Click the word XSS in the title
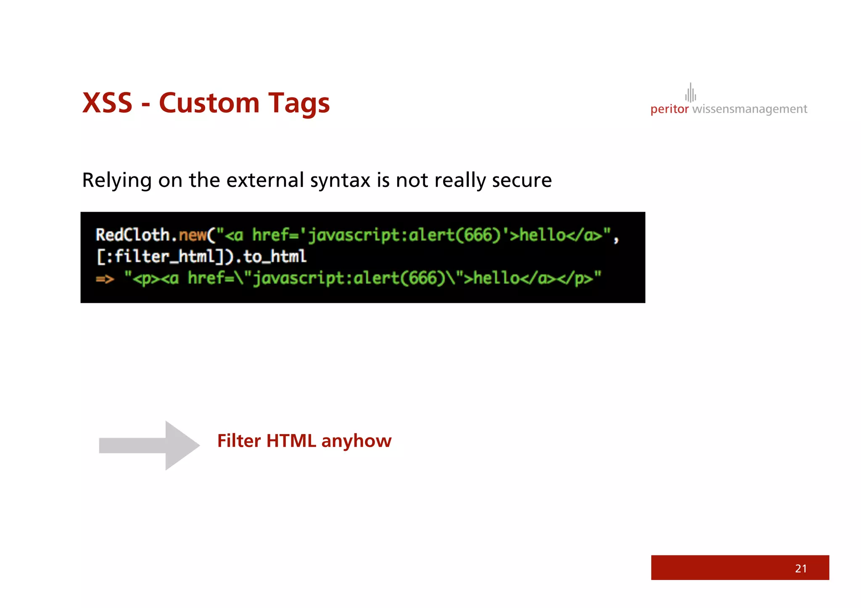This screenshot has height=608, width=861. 107,103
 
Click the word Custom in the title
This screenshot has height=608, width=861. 209,103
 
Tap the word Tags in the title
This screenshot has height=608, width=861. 299,104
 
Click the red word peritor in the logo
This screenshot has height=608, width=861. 669,109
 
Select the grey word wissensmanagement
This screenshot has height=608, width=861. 750,109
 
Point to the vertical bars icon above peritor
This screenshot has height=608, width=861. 690,92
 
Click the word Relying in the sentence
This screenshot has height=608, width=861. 116,181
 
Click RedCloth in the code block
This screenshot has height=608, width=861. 132,235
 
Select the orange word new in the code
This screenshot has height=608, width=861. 193,235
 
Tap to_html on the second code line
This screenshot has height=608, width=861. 275,256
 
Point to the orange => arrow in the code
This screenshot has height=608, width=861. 105,279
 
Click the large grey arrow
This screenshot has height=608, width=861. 149,445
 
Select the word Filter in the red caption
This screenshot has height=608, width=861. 239,441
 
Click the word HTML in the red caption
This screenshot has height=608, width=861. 291,441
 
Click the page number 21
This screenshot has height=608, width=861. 800,569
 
